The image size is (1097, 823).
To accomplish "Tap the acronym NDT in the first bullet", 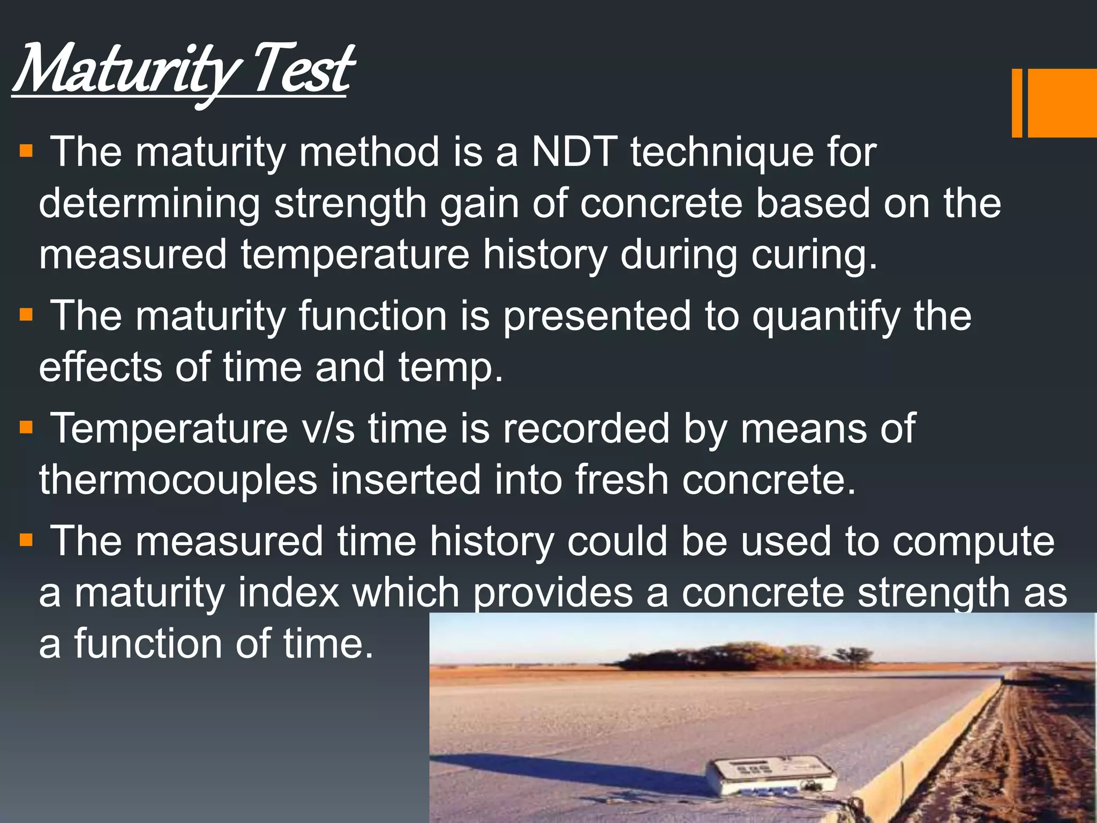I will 574,152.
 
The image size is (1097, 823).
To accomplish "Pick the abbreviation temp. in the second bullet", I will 450,369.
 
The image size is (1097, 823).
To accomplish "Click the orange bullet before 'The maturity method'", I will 26,151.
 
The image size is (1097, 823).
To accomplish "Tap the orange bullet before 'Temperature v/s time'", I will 26,428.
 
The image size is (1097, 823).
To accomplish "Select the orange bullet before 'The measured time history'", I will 26,540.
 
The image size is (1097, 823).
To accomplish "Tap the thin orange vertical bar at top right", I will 1017,103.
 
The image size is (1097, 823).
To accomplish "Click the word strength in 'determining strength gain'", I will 350,204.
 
